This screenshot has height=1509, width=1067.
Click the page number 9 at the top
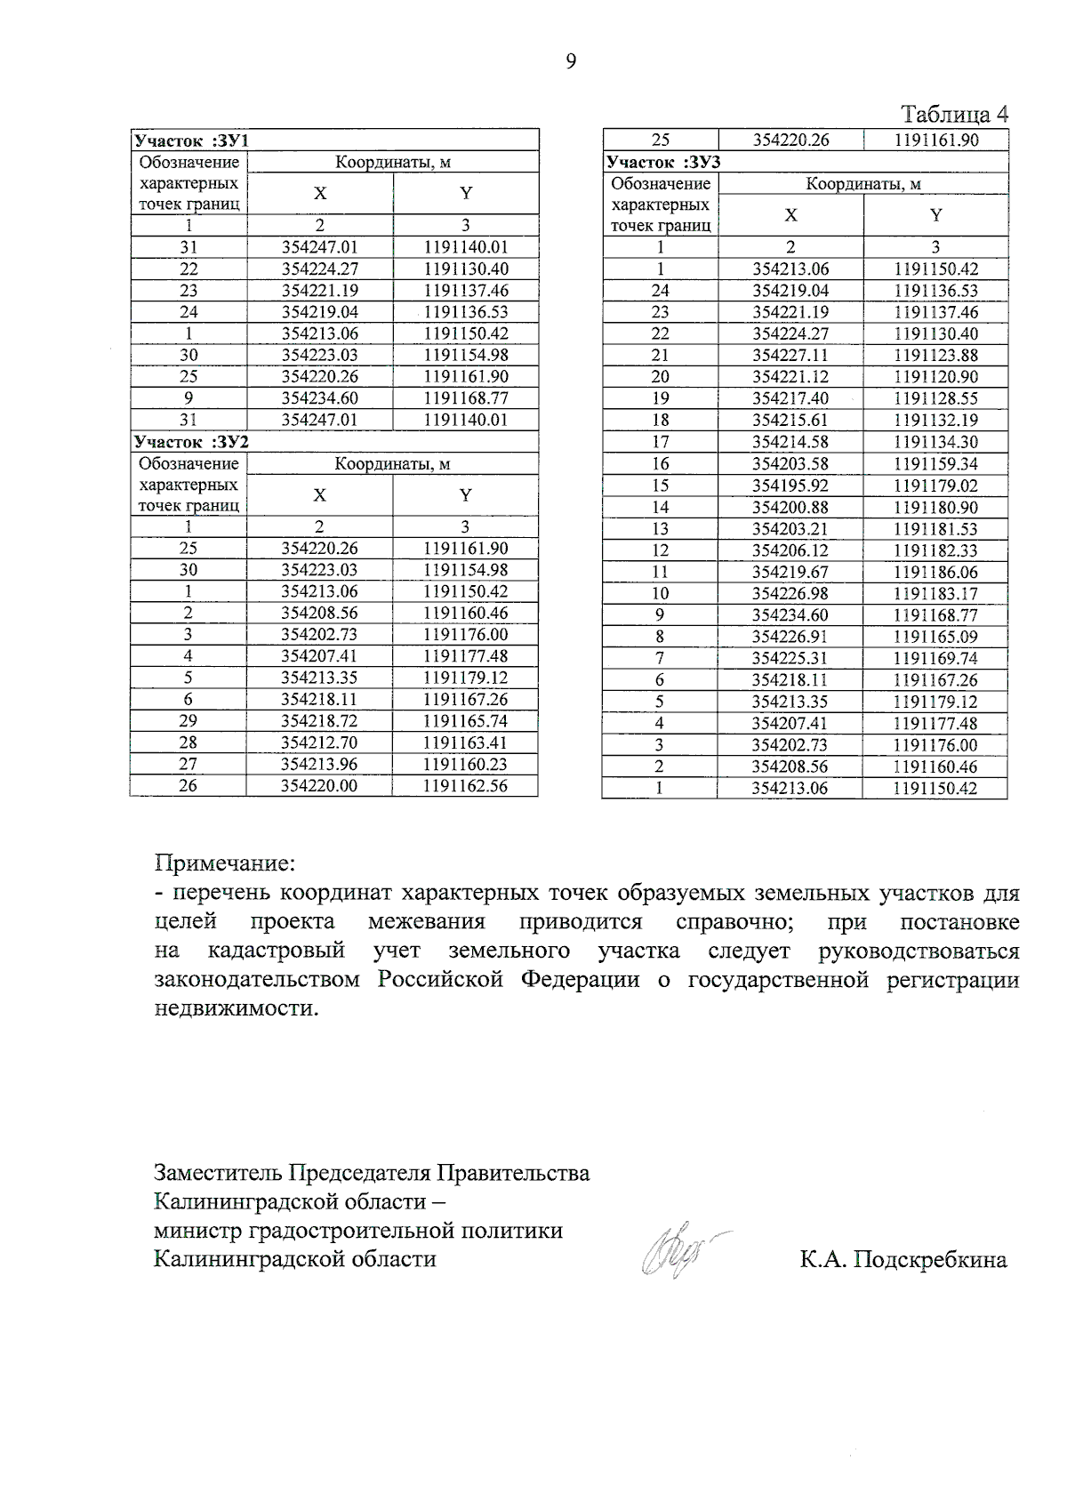(x=570, y=61)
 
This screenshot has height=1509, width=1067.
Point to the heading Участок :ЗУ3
(x=662, y=162)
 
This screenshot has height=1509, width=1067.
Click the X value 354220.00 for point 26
(x=319, y=785)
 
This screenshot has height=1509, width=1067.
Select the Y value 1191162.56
(x=465, y=785)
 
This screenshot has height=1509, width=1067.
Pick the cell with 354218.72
(x=319, y=721)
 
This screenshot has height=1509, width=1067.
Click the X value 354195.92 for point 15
(x=790, y=486)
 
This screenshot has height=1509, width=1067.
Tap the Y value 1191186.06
(x=935, y=572)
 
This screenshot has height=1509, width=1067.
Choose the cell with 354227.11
(x=790, y=355)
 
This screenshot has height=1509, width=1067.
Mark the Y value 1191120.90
(x=935, y=377)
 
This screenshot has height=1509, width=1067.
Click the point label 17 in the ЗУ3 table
(x=660, y=442)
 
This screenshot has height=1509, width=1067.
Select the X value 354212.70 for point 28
(x=319, y=742)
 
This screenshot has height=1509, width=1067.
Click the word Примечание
(x=224, y=863)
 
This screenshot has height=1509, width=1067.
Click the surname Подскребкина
(x=930, y=1260)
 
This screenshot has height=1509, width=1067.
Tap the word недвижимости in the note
(x=236, y=1009)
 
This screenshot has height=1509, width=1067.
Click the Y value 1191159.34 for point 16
(x=935, y=463)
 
